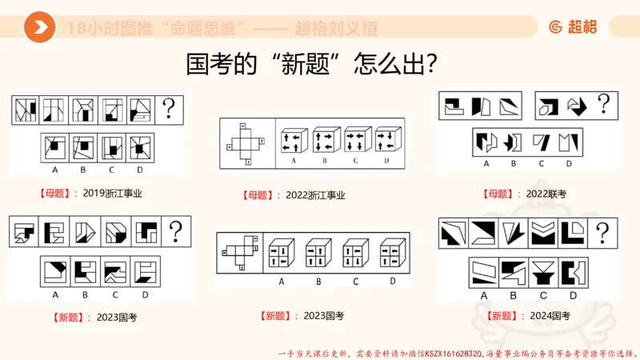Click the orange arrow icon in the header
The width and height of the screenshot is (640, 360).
pos(39,29)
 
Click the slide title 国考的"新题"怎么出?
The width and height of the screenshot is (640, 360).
pos(311,64)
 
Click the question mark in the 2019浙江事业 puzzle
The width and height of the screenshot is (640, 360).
pos(170,108)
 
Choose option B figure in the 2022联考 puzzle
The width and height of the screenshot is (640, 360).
pos(513,142)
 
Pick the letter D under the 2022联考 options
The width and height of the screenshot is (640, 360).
pos(569,163)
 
